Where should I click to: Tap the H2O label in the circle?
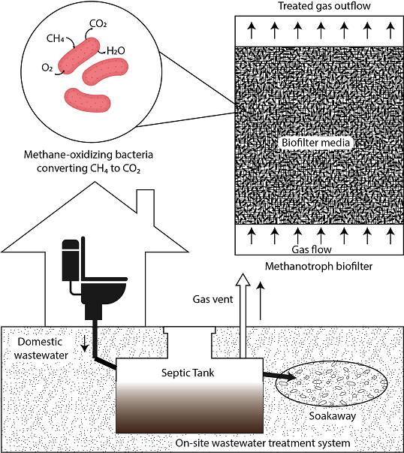click(116, 50)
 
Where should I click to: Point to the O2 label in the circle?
click(47, 69)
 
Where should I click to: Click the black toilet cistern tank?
click(72, 259)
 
